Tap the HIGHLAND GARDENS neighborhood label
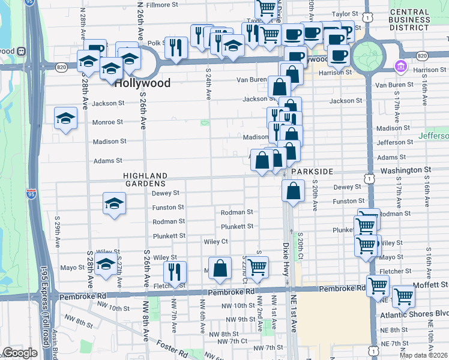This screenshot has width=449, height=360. click(145, 179)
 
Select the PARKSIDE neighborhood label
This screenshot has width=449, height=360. click(312, 172)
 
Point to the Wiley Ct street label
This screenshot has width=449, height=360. click(216, 241)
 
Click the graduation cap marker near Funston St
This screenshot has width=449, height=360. click(113, 203)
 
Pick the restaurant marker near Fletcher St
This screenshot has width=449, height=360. click(175, 271)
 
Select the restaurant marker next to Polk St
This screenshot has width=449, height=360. click(176, 47)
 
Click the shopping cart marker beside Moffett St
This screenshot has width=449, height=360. click(403, 296)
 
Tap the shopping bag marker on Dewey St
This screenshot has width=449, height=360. click(292, 191)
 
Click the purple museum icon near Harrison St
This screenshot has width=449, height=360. click(399, 65)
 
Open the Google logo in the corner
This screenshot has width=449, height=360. click(20, 353)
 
